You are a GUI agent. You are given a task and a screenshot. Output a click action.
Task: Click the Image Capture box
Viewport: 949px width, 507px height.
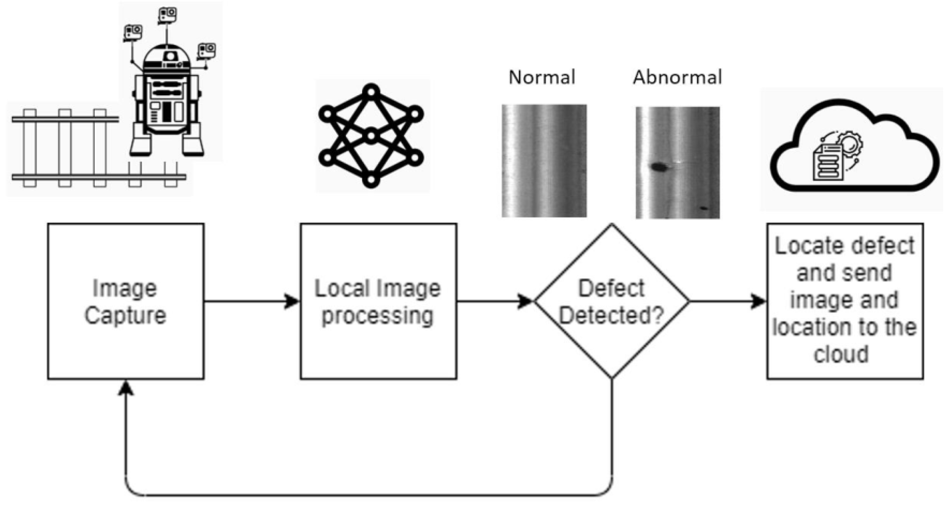pos(125,301)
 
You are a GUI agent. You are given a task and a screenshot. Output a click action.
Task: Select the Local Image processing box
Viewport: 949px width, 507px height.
pos(378,301)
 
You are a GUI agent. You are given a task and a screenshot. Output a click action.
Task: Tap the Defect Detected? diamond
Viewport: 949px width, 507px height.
pos(611,301)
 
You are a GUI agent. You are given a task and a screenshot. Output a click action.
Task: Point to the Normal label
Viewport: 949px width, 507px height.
pos(542,77)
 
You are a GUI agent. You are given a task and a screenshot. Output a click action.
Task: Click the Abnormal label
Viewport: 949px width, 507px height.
pos(677,77)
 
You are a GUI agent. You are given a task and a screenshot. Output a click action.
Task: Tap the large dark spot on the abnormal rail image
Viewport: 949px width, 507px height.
pos(658,167)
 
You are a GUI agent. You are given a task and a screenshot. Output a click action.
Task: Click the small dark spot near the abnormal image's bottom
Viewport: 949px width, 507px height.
pos(704,208)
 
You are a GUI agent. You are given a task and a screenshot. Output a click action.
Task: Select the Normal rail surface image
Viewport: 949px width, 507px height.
pos(544,161)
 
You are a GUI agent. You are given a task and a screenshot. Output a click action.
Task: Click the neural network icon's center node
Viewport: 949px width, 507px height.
pos(371,136)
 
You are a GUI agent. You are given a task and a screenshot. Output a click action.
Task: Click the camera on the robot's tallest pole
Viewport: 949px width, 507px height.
pos(167,15)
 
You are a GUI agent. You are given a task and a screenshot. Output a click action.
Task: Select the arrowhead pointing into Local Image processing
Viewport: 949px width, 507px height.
pos(292,301)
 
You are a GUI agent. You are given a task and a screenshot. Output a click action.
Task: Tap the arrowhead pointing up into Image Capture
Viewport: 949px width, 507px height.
pos(126,388)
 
